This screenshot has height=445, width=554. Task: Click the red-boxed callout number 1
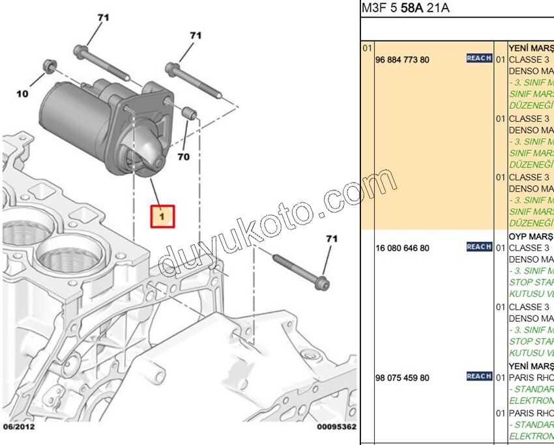[x=163, y=215]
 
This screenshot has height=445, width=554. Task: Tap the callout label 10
[x=22, y=94]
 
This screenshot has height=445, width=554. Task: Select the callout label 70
[x=183, y=157]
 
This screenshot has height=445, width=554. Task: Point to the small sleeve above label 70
[x=190, y=115]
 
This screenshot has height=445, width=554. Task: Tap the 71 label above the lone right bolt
[x=332, y=239]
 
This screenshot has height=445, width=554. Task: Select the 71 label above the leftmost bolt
[x=103, y=18]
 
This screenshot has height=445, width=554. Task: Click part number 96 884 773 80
[x=402, y=59]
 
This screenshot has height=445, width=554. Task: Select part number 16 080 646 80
[x=402, y=248]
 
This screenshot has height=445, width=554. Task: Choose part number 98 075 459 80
[x=402, y=378]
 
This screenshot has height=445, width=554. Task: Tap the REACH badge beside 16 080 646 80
[x=479, y=247]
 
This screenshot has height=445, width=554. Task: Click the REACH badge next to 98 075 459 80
[x=479, y=376]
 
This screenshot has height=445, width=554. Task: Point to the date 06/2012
[x=19, y=427]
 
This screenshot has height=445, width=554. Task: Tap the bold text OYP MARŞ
[x=531, y=236]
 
